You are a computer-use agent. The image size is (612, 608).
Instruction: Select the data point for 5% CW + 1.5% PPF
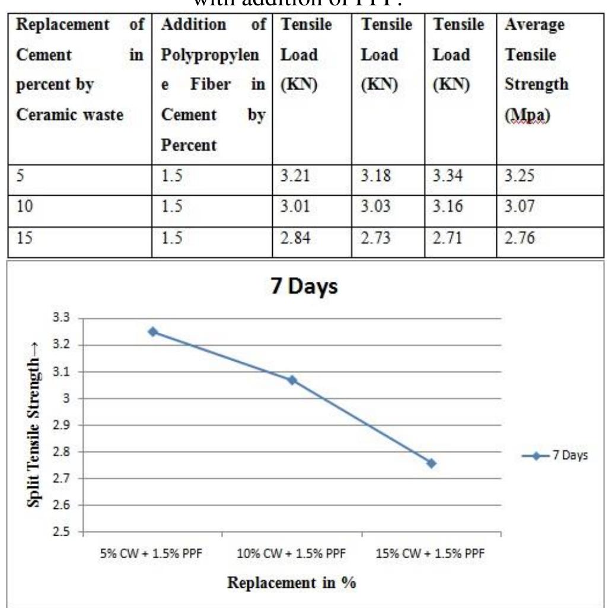(x=153, y=332)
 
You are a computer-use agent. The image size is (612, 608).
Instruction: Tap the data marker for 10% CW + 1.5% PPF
(x=292, y=380)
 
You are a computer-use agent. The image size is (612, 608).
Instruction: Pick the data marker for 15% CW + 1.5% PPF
(x=431, y=463)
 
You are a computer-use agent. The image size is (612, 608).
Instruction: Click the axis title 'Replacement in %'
(x=292, y=582)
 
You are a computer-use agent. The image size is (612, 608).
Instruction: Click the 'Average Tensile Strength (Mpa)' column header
(x=535, y=70)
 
